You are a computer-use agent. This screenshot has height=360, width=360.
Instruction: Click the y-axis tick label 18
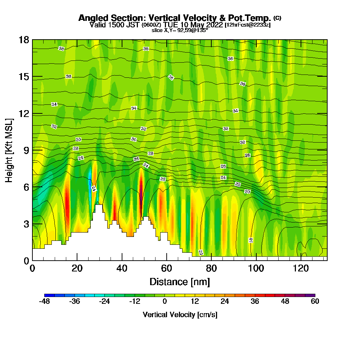tap(24, 40)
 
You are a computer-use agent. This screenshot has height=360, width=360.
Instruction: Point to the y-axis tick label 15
tap(24, 77)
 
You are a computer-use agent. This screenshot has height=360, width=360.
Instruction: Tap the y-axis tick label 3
tap(26, 224)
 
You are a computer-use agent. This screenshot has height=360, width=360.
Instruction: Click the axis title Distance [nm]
tap(180, 282)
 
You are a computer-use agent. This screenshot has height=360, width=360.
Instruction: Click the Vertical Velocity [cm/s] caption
tap(180, 315)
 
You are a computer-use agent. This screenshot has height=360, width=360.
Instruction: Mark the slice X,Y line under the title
tap(180, 30)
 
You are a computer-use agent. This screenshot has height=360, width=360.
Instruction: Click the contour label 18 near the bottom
tap(251, 240)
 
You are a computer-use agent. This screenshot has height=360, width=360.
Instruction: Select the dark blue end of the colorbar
tap(47, 295)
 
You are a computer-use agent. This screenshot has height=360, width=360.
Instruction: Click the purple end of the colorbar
tap(312, 295)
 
